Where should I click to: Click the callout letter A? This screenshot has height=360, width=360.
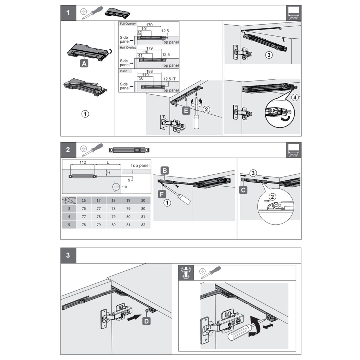click(84, 63)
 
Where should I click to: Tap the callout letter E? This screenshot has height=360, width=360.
click(186, 111)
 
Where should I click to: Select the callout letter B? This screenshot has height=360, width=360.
click(165, 171)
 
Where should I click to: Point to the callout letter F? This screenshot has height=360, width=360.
click(162, 194)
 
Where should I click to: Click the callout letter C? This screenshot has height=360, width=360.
click(243, 190)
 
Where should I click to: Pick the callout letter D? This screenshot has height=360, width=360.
click(147, 321)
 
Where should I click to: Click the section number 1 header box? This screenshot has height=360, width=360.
click(68, 13)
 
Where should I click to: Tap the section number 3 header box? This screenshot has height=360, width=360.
click(68, 255)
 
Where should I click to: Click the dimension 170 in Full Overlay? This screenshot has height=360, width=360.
click(149, 25)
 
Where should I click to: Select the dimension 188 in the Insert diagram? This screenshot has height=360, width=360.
click(149, 71)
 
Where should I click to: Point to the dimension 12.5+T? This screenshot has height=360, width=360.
click(169, 79)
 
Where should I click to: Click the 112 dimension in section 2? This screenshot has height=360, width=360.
click(83, 162)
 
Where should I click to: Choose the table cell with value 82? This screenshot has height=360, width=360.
click(143, 225)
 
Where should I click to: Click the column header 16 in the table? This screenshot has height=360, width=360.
click(84, 200)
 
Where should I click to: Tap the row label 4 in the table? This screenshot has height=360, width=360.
click(69, 217)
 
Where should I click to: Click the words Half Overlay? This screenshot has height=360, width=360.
click(128, 48)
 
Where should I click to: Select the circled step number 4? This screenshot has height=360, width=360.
click(295, 98)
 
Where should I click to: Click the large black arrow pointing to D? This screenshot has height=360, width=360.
click(134, 317)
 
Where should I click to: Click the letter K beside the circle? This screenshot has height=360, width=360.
click(126, 187)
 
